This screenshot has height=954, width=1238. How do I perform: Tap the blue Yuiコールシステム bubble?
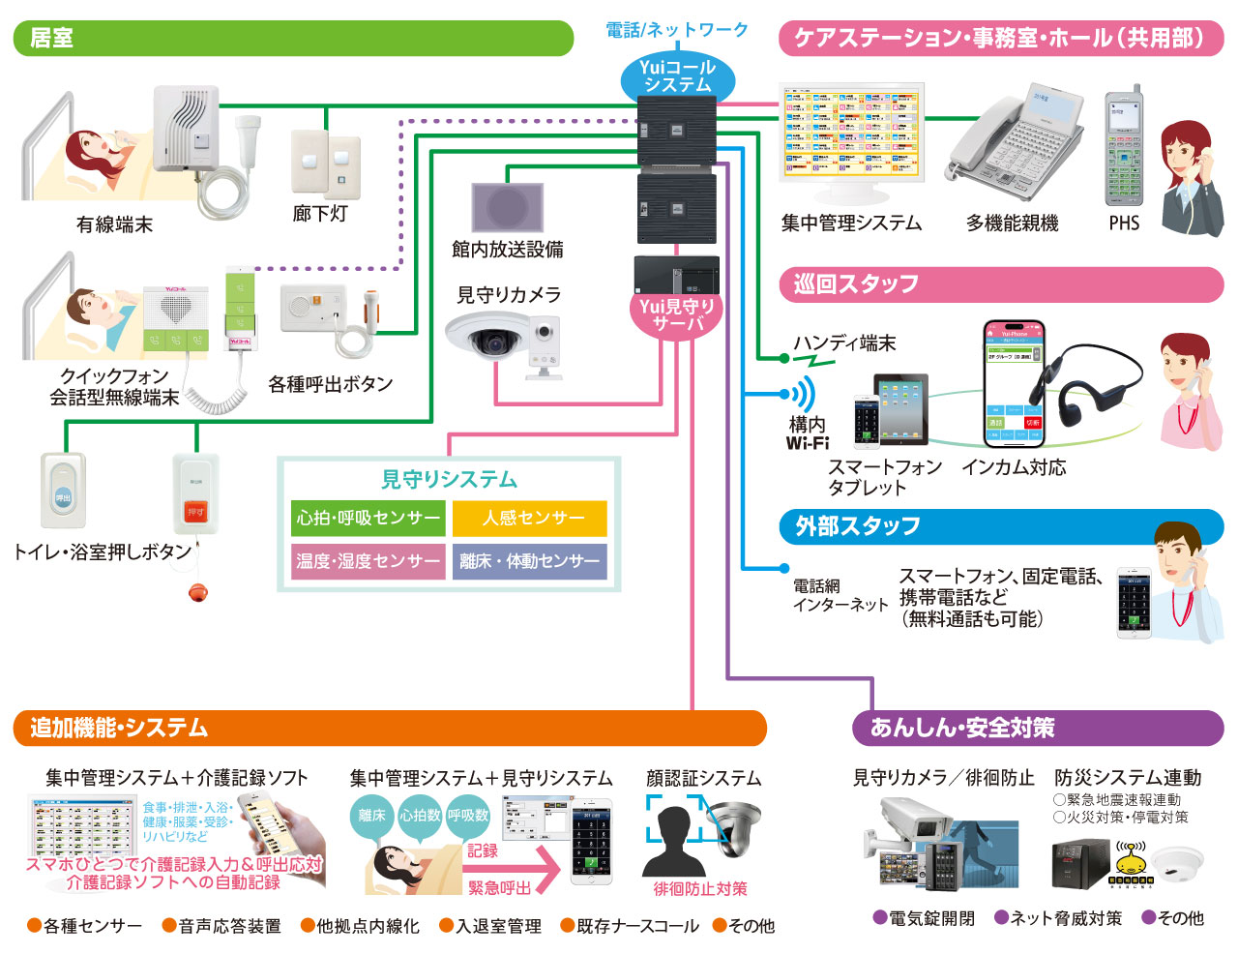tap(677, 76)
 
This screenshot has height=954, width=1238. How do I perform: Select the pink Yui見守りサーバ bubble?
tap(676, 315)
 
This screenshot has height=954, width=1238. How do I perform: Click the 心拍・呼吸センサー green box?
tap(368, 519)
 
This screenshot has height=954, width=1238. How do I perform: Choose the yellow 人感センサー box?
tap(530, 519)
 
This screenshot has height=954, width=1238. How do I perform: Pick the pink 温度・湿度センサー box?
tap(368, 561)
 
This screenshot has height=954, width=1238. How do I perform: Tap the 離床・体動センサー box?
tap(530, 561)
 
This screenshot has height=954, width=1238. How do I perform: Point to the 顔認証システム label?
tap(703, 778)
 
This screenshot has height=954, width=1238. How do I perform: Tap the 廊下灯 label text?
tap(320, 214)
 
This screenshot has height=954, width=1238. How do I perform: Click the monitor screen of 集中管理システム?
tap(851, 132)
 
